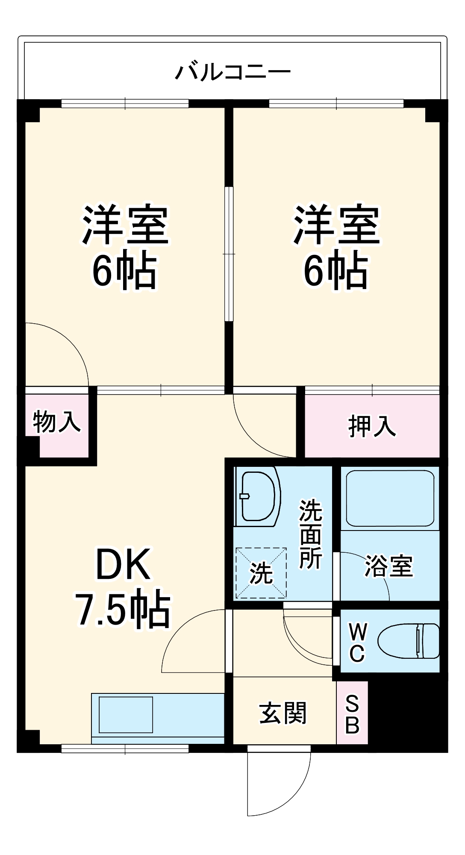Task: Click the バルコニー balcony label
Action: [233, 71]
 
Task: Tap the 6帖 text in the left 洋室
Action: [124, 271]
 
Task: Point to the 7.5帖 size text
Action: [123, 609]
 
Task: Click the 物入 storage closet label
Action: [56, 422]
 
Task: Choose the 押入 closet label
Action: [372, 426]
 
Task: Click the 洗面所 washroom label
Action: [310, 534]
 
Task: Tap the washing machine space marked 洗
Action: [261, 573]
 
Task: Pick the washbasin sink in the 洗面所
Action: [257, 496]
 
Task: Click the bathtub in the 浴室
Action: [390, 498]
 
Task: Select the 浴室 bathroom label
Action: [388, 566]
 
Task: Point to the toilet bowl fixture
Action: [408, 641]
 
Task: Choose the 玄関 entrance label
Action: [283, 713]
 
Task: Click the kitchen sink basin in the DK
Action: [126, 714]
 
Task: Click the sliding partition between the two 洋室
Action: [229, 254]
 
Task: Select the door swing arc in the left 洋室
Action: [68, 342]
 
